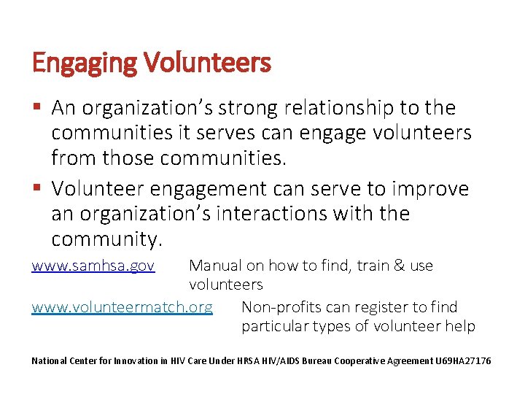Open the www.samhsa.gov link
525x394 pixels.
(x=93, y=266)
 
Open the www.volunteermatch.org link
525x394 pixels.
(x=122, y=306)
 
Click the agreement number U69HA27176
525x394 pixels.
(x=463, y=361)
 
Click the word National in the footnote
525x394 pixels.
(x=50, y=361)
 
